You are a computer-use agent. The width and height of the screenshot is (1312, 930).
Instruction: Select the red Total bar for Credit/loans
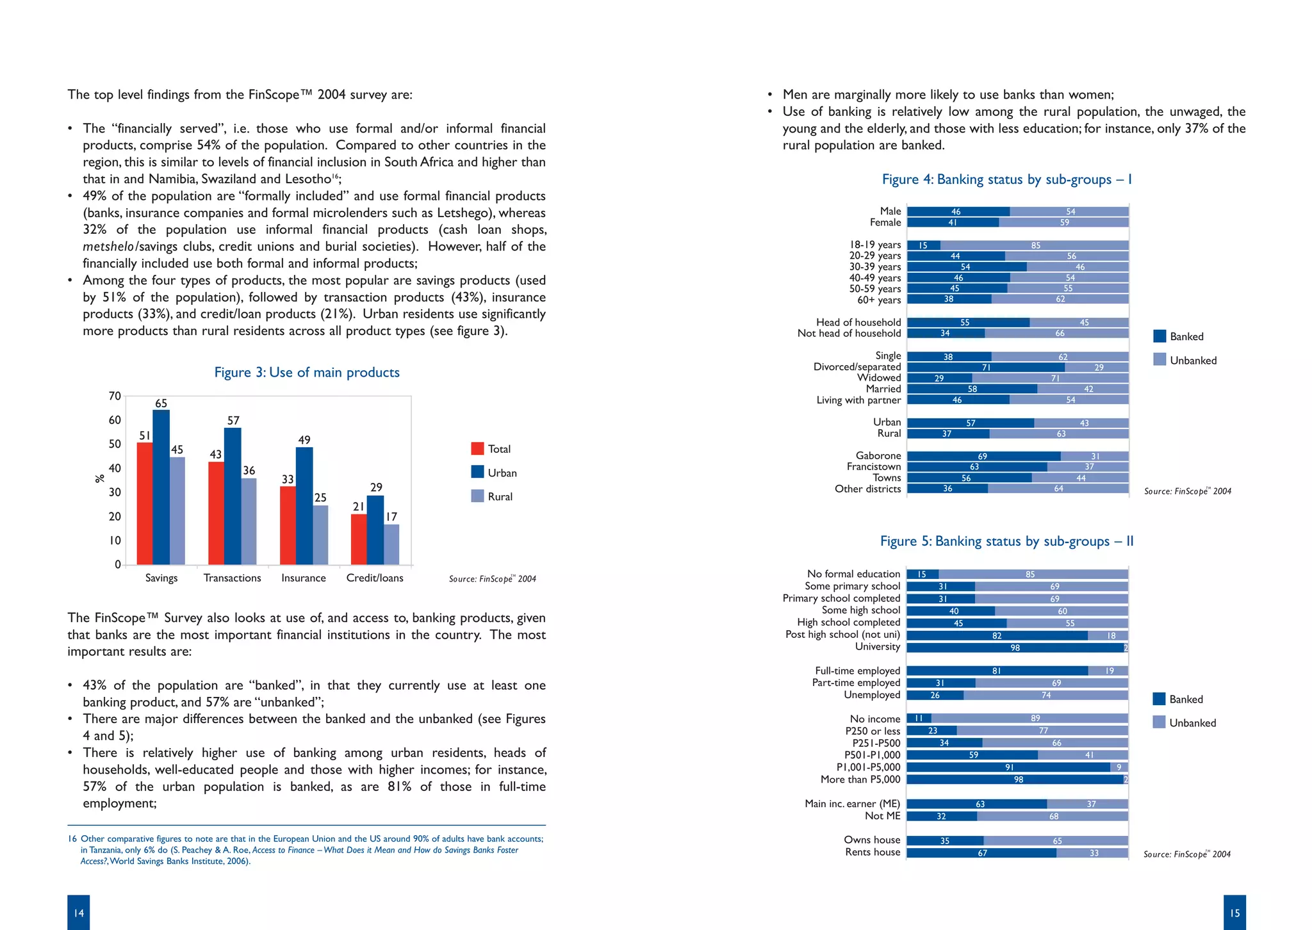point(359,539)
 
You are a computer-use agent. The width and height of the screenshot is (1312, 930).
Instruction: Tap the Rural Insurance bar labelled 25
point(320,535)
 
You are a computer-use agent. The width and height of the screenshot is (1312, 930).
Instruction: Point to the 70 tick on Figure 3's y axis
point(115,396)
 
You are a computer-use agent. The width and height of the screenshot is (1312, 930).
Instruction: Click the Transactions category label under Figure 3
point(232,578)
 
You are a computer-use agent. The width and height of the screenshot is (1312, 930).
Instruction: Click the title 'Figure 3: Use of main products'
point(307,372)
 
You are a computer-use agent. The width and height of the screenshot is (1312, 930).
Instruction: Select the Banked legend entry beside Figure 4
point(1178,336)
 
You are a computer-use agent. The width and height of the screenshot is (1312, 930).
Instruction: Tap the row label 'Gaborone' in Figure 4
point(878,455)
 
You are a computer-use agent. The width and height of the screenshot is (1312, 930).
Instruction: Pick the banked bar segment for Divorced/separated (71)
point(986,368)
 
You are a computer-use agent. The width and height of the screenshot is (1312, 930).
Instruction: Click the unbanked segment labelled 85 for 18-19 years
point(1035,245)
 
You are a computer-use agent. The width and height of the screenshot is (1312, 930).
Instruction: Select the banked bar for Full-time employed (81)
point(997,671)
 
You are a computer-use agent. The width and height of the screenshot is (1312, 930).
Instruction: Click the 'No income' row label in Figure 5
point(875,719)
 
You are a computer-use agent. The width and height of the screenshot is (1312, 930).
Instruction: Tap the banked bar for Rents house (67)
point(981,852)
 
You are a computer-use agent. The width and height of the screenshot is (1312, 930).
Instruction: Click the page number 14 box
point(78,912)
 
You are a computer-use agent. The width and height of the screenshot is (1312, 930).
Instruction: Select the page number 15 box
point(1234,912)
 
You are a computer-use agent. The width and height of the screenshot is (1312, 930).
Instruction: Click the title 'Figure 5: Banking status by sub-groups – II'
point(1006,541)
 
